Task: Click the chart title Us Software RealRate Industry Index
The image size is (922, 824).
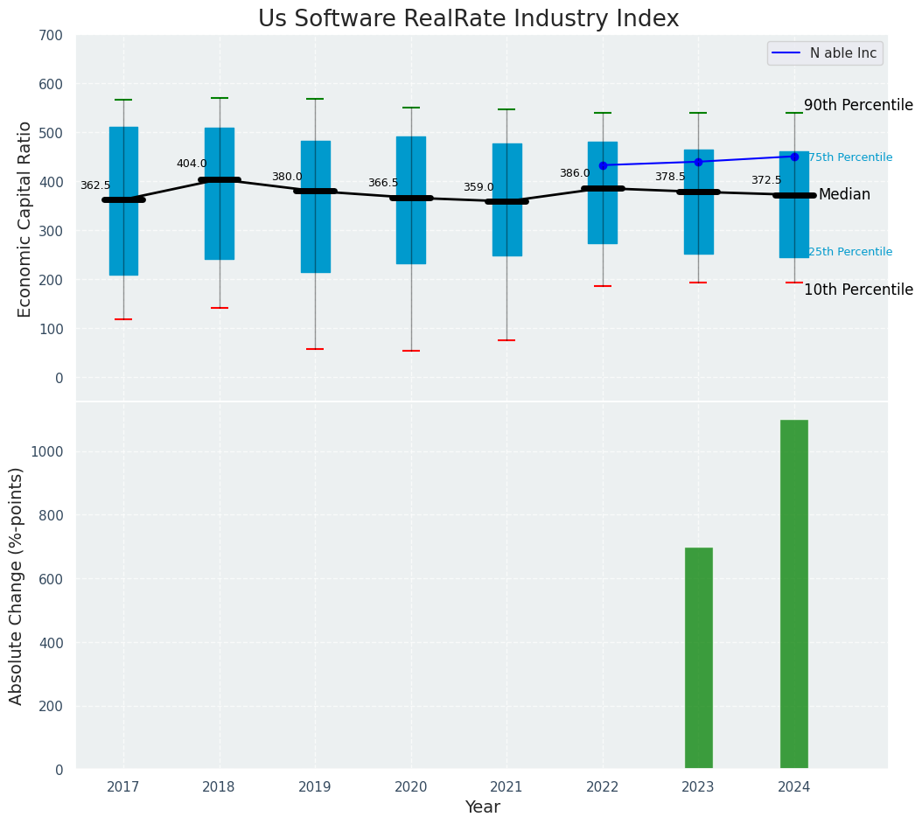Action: click(468, 19)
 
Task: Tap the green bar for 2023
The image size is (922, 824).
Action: click(698, 658)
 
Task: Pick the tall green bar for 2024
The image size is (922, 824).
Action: click(794, 594)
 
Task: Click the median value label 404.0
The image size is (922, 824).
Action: click(192, 164)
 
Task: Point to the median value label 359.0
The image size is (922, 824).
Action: click(478, 187)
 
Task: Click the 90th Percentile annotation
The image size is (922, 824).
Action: click(858, 105)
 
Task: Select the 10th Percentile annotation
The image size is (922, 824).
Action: click(858, 290)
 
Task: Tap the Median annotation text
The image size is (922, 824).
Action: click(844, 194)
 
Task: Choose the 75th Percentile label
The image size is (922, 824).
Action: click(849, 157)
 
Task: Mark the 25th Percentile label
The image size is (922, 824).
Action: click(849, 252)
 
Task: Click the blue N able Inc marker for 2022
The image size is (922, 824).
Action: click(603, 165)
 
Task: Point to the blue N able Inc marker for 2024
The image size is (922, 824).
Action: click(794, 157)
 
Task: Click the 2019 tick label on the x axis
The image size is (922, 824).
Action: click(315, 787)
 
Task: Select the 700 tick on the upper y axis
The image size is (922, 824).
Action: click(51, 35)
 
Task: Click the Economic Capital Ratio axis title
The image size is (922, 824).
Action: click(25, 219)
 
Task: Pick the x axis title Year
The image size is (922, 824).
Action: click(482, 807)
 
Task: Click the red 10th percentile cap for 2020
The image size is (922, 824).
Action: click(411, 351)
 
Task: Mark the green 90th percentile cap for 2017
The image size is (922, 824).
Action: click(123, 100)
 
